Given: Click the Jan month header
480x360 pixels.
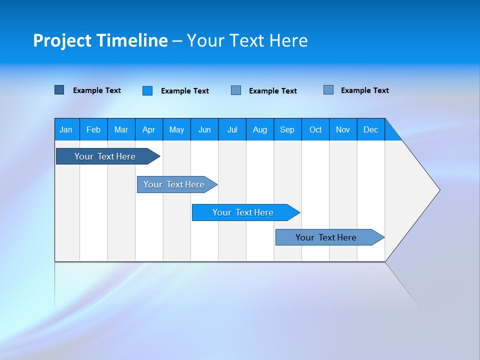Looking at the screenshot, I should click(66, 129).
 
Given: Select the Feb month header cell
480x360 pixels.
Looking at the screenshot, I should click(93, 129).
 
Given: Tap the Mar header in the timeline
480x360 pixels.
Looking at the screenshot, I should click(121, 129).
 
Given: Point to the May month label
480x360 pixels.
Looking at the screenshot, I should click(176, 129).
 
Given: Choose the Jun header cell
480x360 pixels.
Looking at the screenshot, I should click(204, 129).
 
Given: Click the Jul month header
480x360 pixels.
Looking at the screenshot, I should click(232, 129).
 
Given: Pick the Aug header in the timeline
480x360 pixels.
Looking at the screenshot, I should click(260, 129).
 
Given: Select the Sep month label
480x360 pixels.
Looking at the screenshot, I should click(287, 129).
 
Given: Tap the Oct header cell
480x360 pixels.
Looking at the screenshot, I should click(315, 129).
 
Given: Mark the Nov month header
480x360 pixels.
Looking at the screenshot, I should click(343, 129).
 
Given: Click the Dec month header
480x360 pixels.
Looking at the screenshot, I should click(371, 129).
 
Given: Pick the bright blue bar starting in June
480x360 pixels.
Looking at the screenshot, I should click(243, 212).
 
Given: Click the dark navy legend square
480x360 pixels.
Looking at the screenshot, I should click(59, 90).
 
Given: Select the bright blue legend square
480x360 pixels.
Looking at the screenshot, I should click(147, 90).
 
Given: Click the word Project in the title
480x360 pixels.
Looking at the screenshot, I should click(62, 40).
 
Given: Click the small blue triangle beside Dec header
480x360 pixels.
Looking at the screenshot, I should click(391, 133).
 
